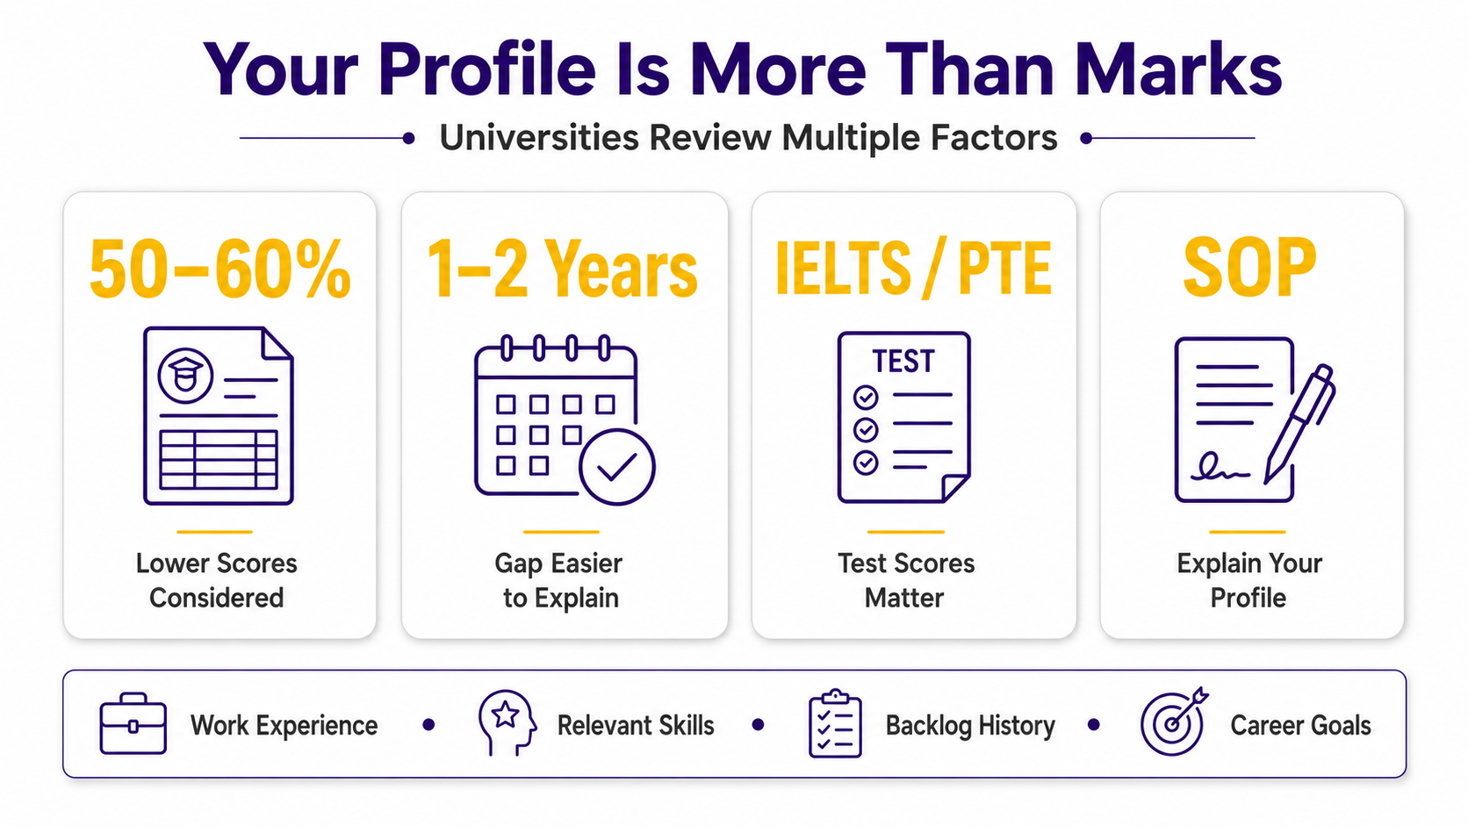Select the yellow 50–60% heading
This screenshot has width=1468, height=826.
tap(220, 269)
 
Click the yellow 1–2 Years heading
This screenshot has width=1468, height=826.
tap(562, 269)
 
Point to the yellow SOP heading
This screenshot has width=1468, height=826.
tap(1249, 267)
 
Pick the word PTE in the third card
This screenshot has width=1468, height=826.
tap(1004, 269)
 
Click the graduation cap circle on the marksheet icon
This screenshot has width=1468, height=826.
tap(184, 376)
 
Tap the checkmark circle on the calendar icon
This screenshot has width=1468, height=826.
tap(616, 467)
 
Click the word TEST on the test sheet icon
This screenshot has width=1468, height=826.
tap(903, 362)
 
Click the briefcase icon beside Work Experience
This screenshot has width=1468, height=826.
tap(133, 724)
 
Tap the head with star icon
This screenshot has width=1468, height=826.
tap(507, 722)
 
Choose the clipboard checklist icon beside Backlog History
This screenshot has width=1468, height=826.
tap(835, 724)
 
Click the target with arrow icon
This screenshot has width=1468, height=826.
tap(1174, 722)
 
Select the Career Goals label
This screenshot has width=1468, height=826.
tap(1300, 725)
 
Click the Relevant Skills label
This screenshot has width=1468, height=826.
tap(636, 725)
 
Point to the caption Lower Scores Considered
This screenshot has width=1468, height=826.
tap(216, 580)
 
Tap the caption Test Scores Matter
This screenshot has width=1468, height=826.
tap(906, 580)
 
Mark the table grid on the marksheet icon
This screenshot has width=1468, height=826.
tap(219, 459)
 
